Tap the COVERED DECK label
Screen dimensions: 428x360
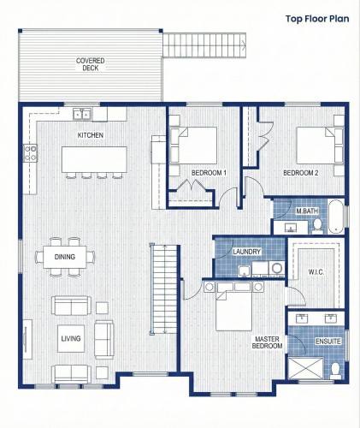pos(91,64)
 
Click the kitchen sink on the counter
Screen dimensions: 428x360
pos(82,113)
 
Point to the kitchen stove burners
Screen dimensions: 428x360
pos(31,153)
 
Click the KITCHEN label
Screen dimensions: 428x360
pos(91,135)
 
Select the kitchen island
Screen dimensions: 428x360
pos(94,158)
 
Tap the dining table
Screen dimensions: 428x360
pos(65,257)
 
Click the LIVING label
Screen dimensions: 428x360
pos(70,340)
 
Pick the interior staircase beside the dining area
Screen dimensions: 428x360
pos(164,287)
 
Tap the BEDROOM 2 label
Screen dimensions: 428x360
pos(300,173)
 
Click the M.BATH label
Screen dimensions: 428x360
pos(306,211)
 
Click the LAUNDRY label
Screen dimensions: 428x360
pos(246,251)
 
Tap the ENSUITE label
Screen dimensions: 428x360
pos(328,341)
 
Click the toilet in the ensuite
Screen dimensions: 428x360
pos(336,370)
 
